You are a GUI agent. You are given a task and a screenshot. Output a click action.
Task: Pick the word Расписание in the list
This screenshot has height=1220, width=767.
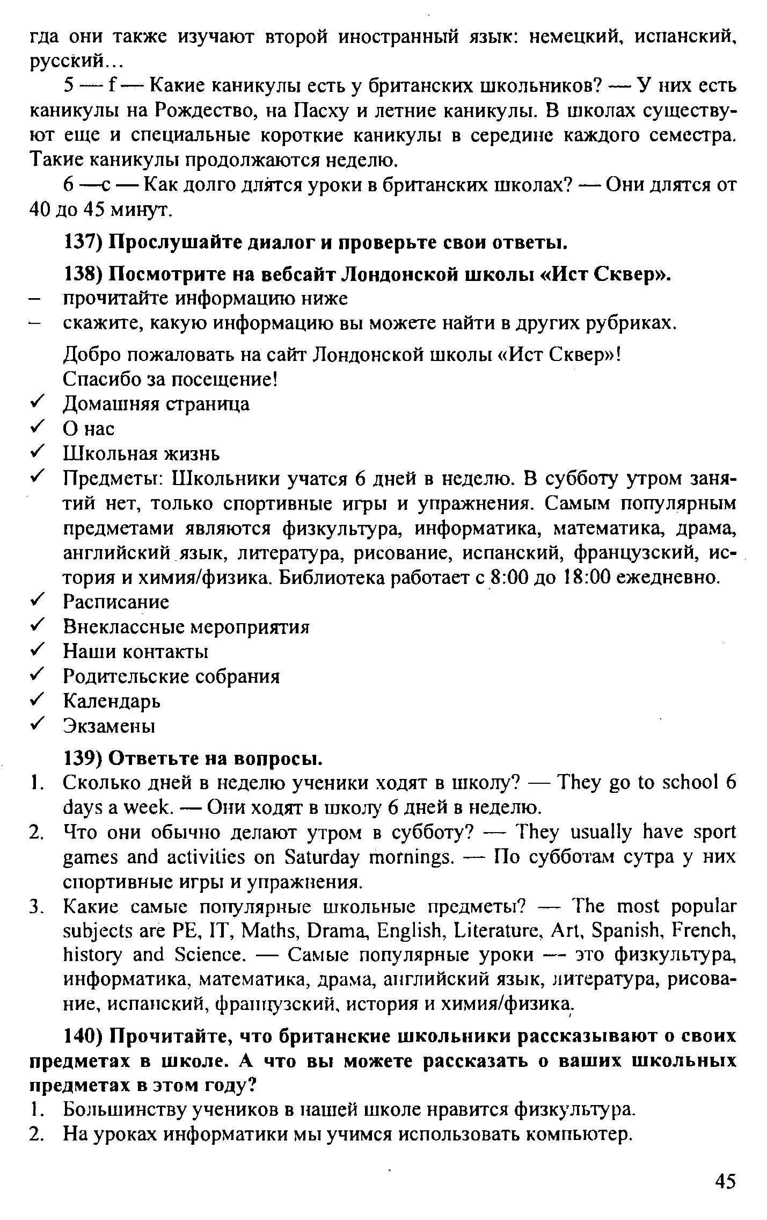(x=116, y=602)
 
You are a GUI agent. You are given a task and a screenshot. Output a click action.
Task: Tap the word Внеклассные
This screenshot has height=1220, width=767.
(x=124, y=626)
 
